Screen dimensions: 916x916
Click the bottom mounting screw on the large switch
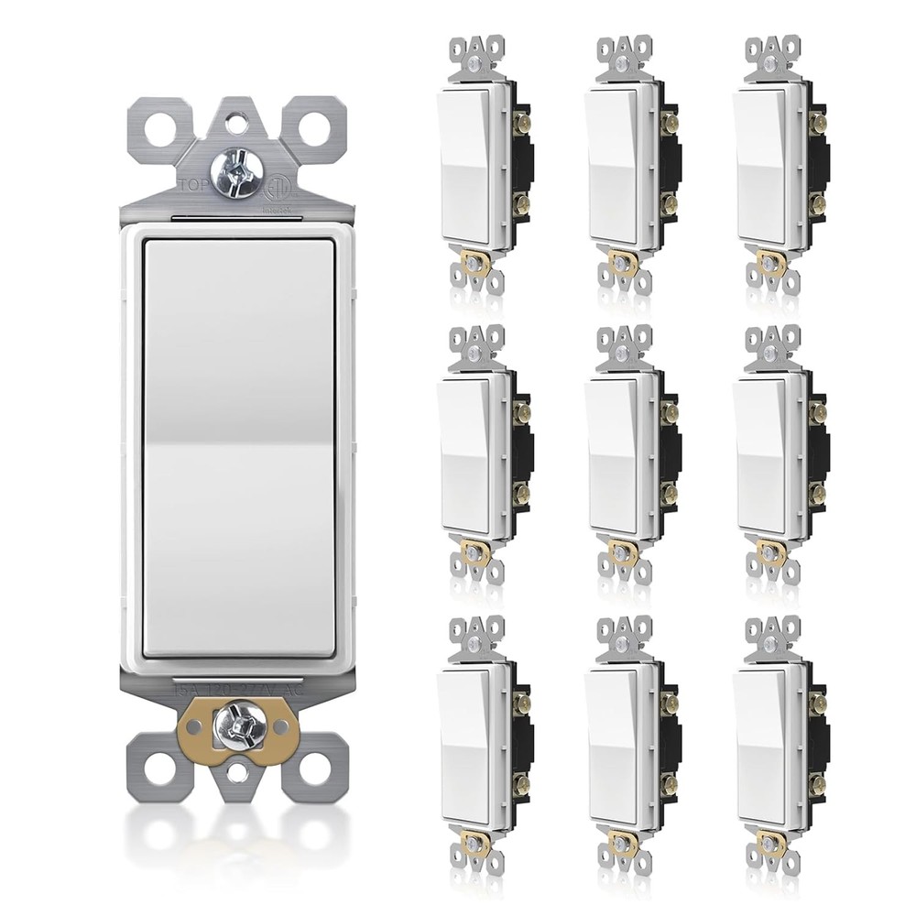[237, 728]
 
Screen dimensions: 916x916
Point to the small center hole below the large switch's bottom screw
[237, 774]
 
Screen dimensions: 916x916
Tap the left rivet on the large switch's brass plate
[192, 729]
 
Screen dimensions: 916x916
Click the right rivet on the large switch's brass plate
[283, 729]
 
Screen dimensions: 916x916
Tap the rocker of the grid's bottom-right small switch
[761, 746]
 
